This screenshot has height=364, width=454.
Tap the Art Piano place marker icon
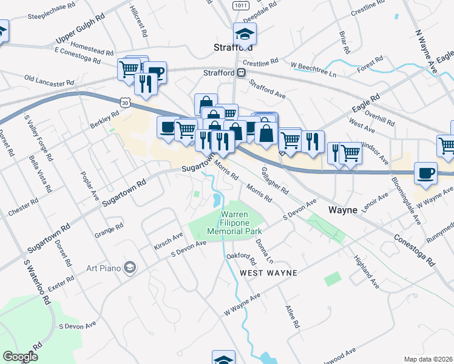click(x=129, y=267)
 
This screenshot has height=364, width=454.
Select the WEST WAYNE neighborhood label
click(x=269, y=273)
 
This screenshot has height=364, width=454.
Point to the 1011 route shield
click(x=240, y=5)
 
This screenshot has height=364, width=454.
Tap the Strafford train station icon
click(x=242, y=73)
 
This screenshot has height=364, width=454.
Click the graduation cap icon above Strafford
click(x=245, y=33)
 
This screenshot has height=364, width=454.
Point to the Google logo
click(x=21, y=357)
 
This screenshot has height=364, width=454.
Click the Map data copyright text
click(x=429, y=359)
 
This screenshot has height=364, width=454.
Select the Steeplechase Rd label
click(x=51, y=12)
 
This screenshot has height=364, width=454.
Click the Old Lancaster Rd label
click(x=49, y=79)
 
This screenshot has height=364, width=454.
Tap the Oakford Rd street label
click(x=241, y=259)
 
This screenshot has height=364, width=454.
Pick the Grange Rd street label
click(x=109, y=230)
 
